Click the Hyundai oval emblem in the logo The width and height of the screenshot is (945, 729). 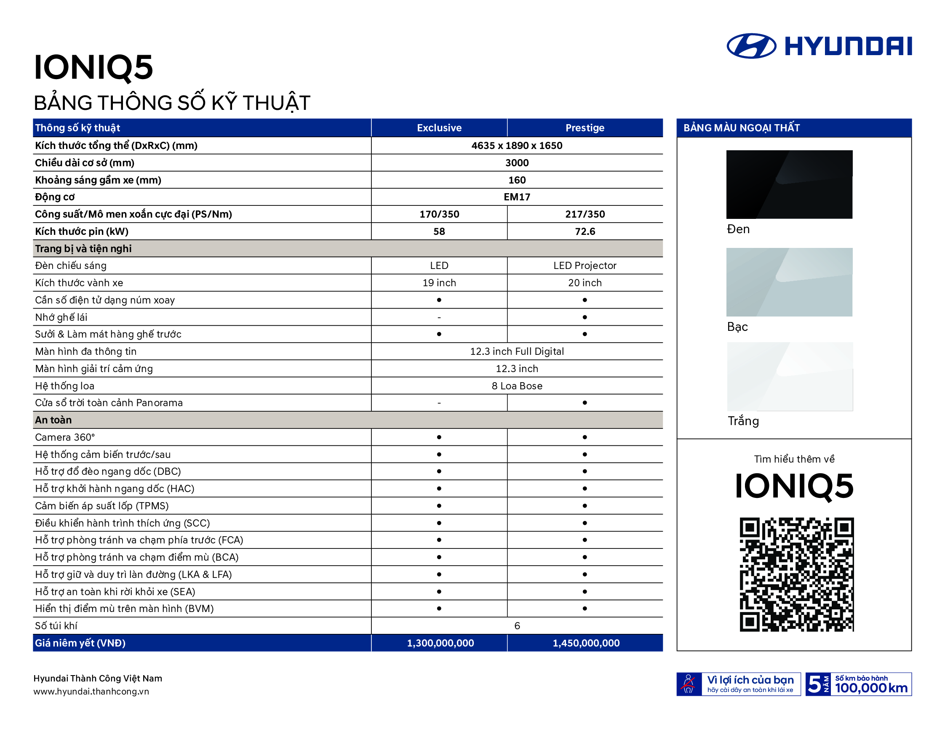pyautogui.click(x=751, y=46)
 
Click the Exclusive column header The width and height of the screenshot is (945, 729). pyautogui.click(x=439, y=128)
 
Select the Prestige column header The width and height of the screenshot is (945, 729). pyautogui.click(x=585, y=128)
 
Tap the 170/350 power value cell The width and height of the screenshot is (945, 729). pyautogui.click(x=439, y=214)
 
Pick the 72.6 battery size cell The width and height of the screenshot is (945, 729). pyautogui.click(x=585, y=231)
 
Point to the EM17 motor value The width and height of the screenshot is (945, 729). pyautogui.click(x=517, y=197)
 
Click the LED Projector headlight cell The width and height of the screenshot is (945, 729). pyautogui.click(x=585, y=266)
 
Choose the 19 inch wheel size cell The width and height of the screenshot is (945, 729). pyautogui.click(x=439, y=283)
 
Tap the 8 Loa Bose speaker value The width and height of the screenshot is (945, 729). pyautogui.click(x=517, y=386)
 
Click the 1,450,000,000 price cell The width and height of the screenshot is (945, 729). pyautogui.click(x=586, y=643)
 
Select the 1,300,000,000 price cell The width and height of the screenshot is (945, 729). pyautogui.click(x=440, y=643)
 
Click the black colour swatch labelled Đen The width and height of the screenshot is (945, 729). pyautogui.click(x=789, y=184)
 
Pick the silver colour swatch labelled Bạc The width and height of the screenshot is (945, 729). pyautogui.click(x=789, y=282)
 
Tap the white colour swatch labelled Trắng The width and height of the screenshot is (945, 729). pyautogui.click(x=790, y=376)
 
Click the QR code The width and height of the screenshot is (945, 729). pyautogui.click(x=796, y=574)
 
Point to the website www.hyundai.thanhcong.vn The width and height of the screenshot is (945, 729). pyautogui.click(x=91, y=692)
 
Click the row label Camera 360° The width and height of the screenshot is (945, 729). pyautogui.click(x=65, y=437)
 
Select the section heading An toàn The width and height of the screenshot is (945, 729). pyautogui.click(x=53, y=420)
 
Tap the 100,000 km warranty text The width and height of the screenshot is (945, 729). pyautogui.click(x=870, y=688)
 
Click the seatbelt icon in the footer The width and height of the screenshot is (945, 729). pyautogui.click(x=689, y=684)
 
